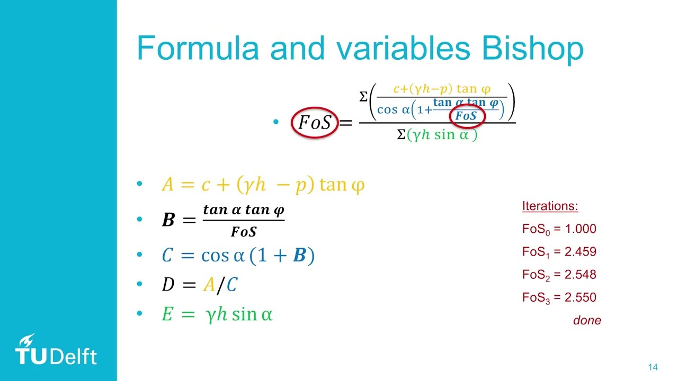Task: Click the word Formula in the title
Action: point(198,49)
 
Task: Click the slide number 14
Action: point(653,368)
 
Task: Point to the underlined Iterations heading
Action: point(550,206)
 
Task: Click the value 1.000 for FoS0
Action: point(580,229)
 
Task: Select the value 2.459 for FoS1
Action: point(580,252)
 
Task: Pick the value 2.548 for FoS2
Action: point(580,275)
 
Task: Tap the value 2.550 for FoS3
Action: point(580,297)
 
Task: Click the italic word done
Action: point(587,320)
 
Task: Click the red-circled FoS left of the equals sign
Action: point(315,123)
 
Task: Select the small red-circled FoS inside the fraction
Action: point(466,116)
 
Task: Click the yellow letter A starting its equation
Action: point(167,185)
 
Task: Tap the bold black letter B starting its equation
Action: point(168,220)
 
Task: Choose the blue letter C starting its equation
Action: point(167,256)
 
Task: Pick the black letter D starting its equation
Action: point(168,285)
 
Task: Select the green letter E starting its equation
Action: point(167,315)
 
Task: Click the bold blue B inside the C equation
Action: point(299,256)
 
